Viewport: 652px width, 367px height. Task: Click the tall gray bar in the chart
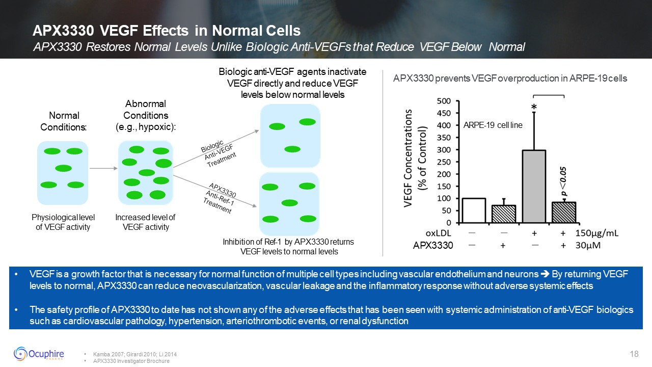click(534, 186)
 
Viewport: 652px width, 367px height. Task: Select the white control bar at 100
click(473, 211)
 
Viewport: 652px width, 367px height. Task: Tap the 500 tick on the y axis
click(444, 101)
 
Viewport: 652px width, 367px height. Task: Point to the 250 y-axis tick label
click(444, 162)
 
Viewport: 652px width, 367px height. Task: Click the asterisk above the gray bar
click(534, 108)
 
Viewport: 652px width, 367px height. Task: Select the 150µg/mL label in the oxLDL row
click(596, 234)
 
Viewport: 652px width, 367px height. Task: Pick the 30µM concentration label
click(589, 246)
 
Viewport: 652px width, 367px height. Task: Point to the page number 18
click(634, 354)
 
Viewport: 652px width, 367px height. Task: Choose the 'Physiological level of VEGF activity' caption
click(63, 222)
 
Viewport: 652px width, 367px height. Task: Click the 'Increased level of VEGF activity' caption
click(145, 222)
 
